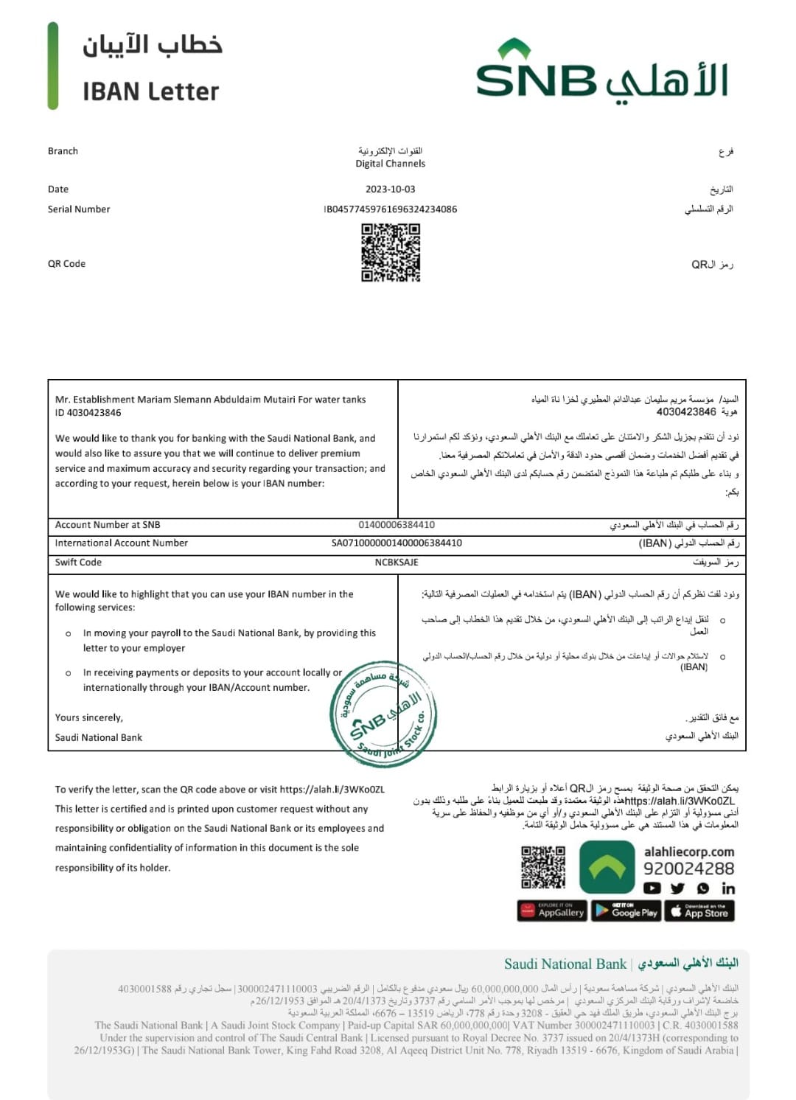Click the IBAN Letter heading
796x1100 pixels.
pyautogui.click(x=150, y=91)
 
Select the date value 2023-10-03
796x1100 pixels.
pyautogui.click(x=390, y=189)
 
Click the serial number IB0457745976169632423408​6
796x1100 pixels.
pyautogui.click(x=390, y=209)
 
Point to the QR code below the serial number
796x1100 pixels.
pyautogui.click(x=391, y=253)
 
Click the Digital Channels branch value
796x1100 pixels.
pyautogui.click(x=390, y=164)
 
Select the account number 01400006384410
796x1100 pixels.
pyautogui.click(x=397, y=525)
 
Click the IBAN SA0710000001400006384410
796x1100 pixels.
pyautogui.click(x=397, y=543)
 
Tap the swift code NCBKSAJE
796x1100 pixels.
pyautogui.click(x=397, y=563)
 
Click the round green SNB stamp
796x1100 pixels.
pyautogui.click(x=383, y=714)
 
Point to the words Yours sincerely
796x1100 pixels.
pyautogui.click(x=89, y=717)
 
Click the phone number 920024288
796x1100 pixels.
pyautogui.click(x=688, y=868)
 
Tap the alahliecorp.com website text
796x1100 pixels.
pyautogui.click(x=688, y=852)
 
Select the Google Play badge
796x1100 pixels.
pyautogui.click(x=626, y=911)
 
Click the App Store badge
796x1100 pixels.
pyautogui.click(x=699, y=911)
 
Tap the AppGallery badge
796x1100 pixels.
pyautogui.click(x=552, y=911)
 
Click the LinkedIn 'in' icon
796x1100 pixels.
pyautogui.click(x=728, y=888)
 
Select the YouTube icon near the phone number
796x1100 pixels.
pyautogui.click(x=652, y=888)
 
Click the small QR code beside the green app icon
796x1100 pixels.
pyautogui.click(x=543, y=867)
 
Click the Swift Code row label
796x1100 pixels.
pyautogui.click(x=78, y=563)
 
